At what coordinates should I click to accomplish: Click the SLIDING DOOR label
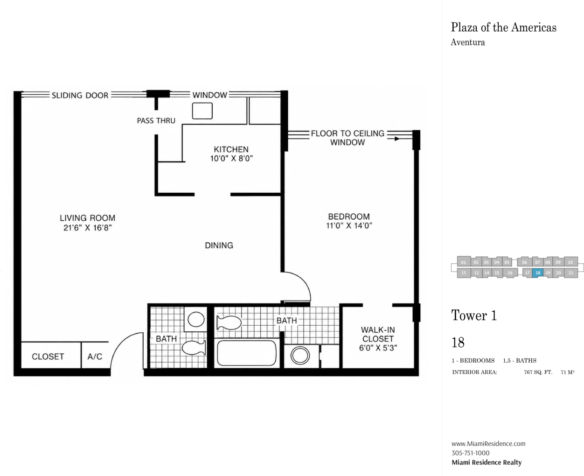[x=80, y=95]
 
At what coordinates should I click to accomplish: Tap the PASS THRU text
[x=156, y=121]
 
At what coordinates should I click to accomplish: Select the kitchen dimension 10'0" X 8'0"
[x=231, y=159]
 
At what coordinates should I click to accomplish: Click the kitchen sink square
[x=202, y=111]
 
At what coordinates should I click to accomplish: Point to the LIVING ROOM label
[x=88, y=218]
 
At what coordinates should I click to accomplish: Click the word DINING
[x=219, y=245]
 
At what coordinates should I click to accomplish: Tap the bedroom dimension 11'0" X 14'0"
[x=349, y=225]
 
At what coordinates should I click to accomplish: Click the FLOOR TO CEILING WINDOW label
[x=348, y=138]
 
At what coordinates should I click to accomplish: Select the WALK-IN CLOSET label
[x=378, y=334]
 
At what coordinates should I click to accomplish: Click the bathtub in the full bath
[x=247, y=353]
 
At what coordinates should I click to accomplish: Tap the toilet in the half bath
[x=194, y=348]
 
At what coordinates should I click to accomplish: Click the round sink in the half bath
[x=196, y=319]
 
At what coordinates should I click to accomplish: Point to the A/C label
[x=95, y=357]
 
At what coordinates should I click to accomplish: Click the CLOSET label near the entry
[x=48, y=357]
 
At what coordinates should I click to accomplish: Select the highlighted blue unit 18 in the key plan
[x=538, y=273]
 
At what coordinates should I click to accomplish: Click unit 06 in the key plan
[x=524, y=262]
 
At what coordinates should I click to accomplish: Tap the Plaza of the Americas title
[x=504, y=28]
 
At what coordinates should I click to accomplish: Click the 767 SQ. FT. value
[x=538, y=372]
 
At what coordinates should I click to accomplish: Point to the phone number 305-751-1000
[x=471, y=453]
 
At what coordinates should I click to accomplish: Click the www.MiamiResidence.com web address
[x=488, y=444]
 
